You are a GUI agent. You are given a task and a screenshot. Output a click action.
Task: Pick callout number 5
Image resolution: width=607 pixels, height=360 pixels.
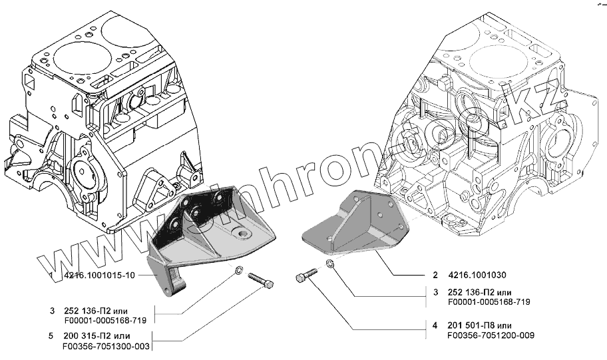click(x=51, y=336)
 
